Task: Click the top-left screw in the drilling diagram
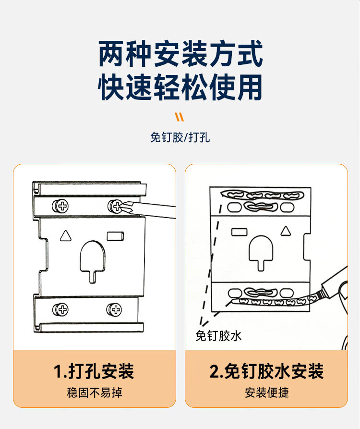(60, 206)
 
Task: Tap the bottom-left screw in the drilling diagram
(60, 309)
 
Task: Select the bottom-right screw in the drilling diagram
(114, 309)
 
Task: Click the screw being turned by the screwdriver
(116, 206)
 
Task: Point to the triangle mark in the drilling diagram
(66, 236)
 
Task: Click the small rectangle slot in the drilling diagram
(115, 236)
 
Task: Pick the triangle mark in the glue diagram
(286, 231)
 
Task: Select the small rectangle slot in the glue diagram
(240, 232)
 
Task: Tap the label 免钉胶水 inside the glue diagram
(218, 336)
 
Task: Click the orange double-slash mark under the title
(180, 117)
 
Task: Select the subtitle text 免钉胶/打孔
(180, 137)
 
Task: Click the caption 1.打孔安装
(94, 371)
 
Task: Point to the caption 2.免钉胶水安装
(266, 371)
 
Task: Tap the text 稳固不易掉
(95, 392)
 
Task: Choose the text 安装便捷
(267, 392)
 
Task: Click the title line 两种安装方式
(180, 54)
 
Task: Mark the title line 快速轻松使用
(180, 87)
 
